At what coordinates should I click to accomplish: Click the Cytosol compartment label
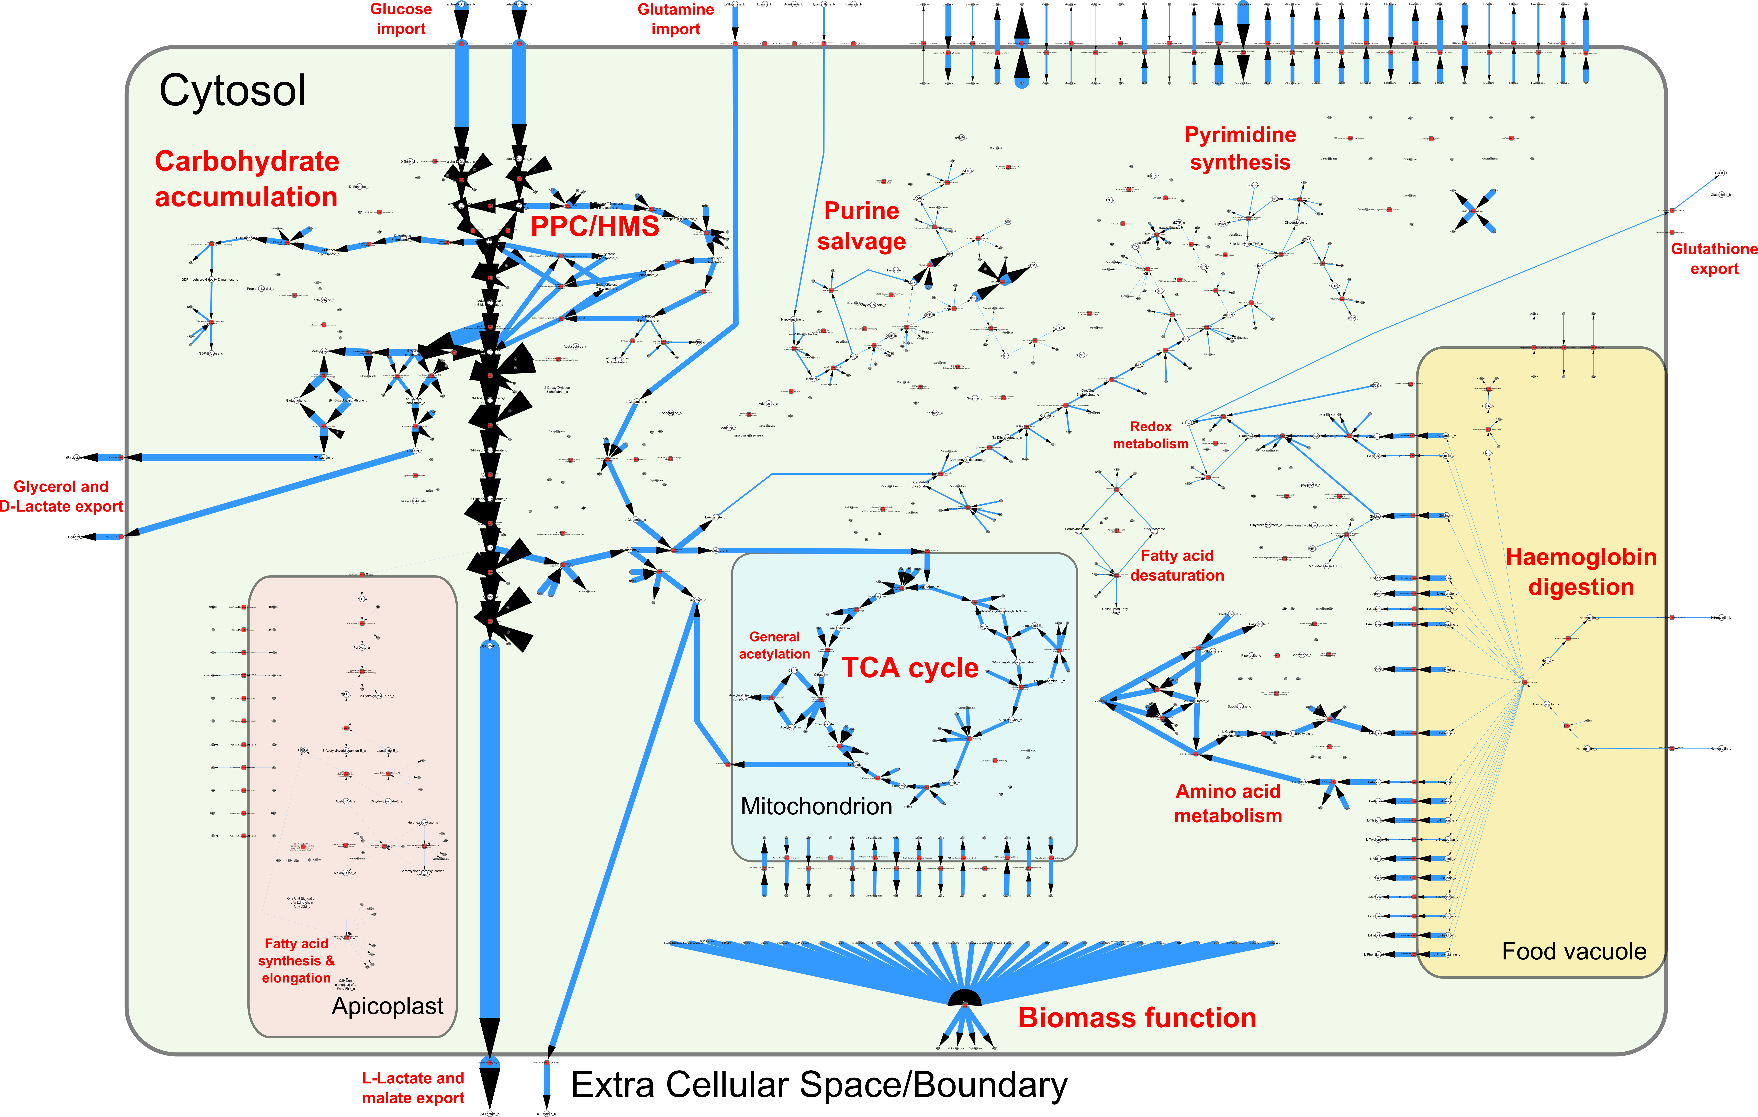pyautogui.click(x=232, y=91)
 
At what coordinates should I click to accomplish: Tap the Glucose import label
pyautogui.click(x=401, y=19)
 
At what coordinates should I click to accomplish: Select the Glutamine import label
pyautogui.click(x=675, y=19)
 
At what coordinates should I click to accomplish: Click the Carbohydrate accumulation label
pyautogui.click(x=247, y=179)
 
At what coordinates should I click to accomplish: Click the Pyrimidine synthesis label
pyautogui.click(x=1240, y=148)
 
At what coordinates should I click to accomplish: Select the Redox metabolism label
pyautogui.click(x=1151, y=435)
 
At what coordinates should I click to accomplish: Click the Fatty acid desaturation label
pyautogui.click(x=1177, y=566)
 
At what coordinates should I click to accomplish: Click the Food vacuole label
pyautogui.click(x=1574, y=951)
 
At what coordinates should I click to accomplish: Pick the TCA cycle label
pyautogui.click(x=910, y=668)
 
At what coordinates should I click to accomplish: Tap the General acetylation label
pyautogui.click(x=775, y=645)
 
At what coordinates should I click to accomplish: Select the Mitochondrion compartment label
pyautogui.click(x=816, y=806)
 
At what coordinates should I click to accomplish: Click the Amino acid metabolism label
pyautogui.click(x=1228, y=803)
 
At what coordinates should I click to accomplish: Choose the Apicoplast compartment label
pyautogui.click(x=388, y=1006)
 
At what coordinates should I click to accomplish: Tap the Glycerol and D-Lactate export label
pyautogui.click(x=61, y=496)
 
